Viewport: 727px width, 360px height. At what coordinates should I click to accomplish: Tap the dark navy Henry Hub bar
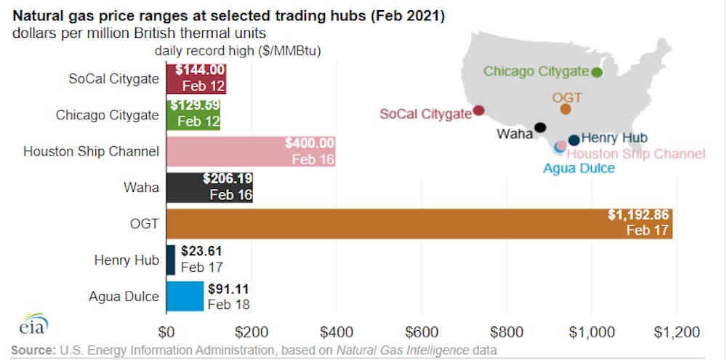click(x=171, y=260)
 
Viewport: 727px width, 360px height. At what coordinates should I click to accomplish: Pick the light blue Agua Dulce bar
click(x=185, y=296)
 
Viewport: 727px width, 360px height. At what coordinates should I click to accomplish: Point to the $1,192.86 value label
click(x=639, y=215)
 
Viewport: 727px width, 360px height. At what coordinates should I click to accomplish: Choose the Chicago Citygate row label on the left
click(x=107, y=115)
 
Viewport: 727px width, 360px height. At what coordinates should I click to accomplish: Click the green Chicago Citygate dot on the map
click(x=597, y=72)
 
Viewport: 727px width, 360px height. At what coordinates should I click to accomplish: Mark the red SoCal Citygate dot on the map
click(x=478, y=111)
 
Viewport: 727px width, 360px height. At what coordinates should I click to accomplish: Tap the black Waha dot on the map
click(x=539, y=127)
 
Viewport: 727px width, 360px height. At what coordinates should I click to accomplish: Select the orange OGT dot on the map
click(x=565, y=109)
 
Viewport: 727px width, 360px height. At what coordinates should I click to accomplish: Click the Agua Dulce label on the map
click(x=579, y=168)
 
